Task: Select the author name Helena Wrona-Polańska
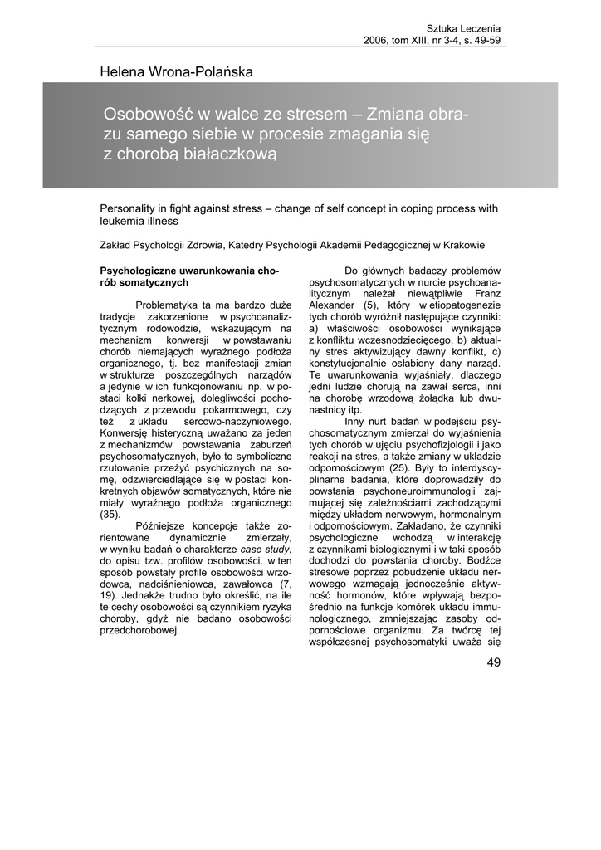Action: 176,72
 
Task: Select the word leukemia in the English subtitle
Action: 122,222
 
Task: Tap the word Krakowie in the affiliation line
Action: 462,245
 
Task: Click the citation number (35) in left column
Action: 110,515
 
